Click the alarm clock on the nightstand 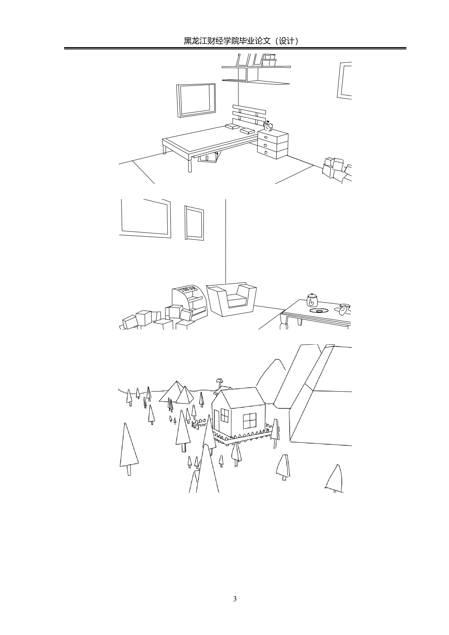click(268, 127)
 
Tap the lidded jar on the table click(312, 300)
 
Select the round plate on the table click(319, 311)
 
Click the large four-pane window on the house click(249, 420)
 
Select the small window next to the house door click(225, 416)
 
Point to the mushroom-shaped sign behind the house click(219, 380)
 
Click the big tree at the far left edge click(128, 447)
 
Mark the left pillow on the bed click(232, 126)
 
